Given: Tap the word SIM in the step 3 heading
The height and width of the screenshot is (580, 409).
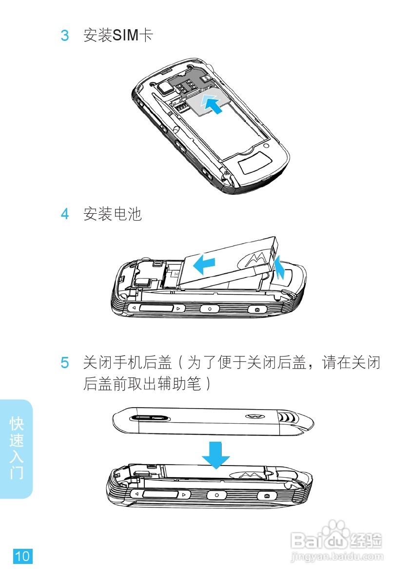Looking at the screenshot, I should coord(126,36).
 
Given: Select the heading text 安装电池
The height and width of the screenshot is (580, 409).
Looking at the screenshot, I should coord(113,214).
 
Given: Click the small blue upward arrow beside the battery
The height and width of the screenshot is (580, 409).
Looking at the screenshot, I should coord(279,269).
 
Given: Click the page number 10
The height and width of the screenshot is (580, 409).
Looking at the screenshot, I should coord(22,556).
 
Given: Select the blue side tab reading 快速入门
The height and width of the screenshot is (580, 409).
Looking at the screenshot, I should coord(17,449).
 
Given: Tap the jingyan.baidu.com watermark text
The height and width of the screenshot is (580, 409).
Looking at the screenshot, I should coord(336,556).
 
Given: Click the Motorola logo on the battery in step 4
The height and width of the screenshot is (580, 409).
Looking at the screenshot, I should coord(256,260).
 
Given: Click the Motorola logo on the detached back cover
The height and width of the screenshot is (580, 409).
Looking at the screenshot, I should coord(253,416).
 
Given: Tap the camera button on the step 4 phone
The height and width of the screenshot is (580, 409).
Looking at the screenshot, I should coord(257,309).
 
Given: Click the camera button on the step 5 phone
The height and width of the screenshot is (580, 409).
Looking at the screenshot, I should coord(267,495).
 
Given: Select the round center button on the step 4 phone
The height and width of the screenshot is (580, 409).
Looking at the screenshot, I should coord(210,309).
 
